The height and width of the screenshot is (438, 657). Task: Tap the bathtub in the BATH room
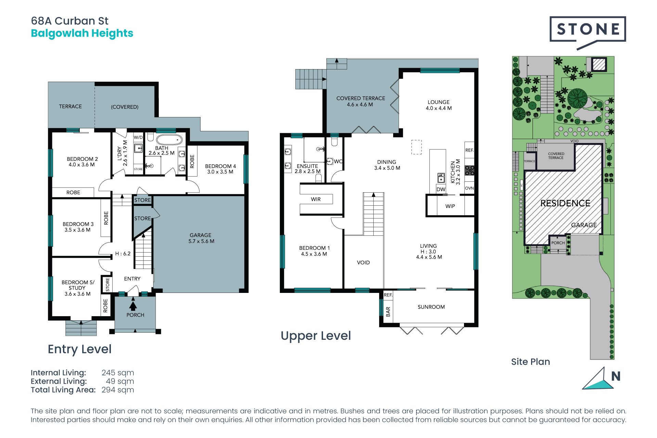pos(169,140)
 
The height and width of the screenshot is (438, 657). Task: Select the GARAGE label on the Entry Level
pos(201,235)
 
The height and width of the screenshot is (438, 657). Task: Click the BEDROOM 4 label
pos(220,166)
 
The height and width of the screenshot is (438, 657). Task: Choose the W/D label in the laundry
pos(138,137)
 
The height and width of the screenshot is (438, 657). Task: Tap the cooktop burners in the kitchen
pos(469,170)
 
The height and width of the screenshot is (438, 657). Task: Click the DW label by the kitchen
pos(441,189)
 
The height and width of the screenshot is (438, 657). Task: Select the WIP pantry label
pos(450,206)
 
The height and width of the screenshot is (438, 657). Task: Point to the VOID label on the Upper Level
pos(363,262)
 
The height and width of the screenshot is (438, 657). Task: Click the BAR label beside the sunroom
pos(388,311)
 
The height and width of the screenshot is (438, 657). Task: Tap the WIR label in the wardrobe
pos(316,199)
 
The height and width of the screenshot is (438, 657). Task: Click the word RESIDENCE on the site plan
pos(565,203)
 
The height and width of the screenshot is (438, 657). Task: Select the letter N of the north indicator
pos(616,376)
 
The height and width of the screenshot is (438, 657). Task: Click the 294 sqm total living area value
pos(118,390)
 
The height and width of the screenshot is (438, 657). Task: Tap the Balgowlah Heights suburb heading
pos(82,34)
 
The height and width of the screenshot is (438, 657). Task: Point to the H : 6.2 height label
pos(123,254)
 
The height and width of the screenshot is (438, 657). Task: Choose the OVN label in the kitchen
pos(469,188)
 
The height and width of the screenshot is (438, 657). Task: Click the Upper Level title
pos(316,336)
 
